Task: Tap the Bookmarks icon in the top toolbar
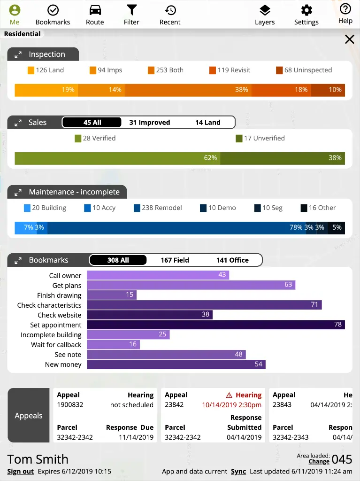click(53, 10)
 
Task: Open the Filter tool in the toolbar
click(131, 10)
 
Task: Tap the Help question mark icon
click(345, 9)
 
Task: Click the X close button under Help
click(350, 39)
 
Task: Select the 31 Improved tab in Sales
click(150, 123)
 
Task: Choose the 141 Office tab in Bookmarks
click(232, 260)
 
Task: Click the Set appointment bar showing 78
click(216, 325)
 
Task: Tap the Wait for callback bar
click(113, 345)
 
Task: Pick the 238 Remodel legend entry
click(158, 208)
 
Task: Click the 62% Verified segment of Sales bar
click(117, 158)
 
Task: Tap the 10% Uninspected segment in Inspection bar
click(328, 90)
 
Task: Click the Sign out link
click(21, 472)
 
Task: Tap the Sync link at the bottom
click(238, 472)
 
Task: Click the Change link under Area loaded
click(319, 462)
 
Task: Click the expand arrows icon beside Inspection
click(18, 55)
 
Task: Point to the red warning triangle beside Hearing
click(230, 396)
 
